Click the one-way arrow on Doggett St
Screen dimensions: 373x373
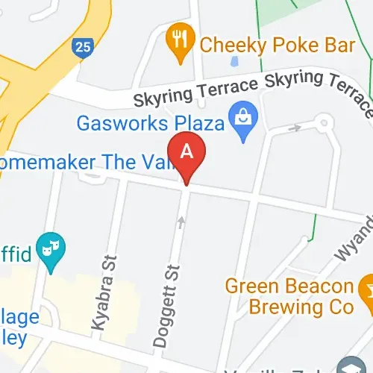[x=181, y=222]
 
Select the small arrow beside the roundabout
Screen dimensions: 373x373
[x=296, y=128]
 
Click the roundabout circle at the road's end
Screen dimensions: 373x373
[x=324, y=121]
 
